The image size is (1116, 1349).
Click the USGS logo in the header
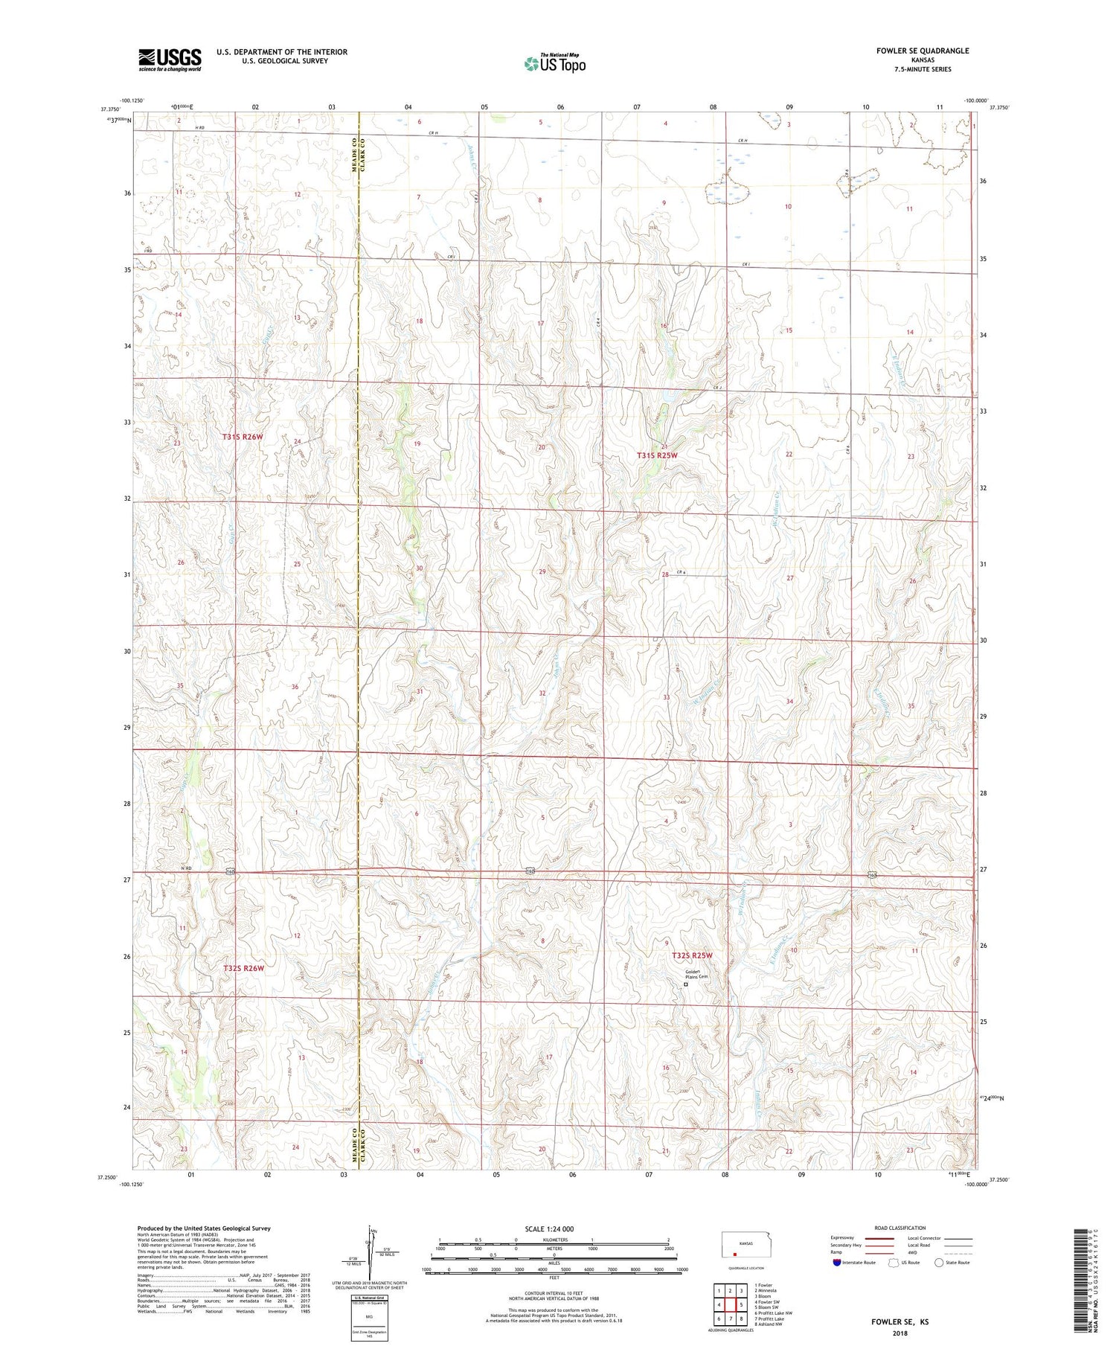[170, 60]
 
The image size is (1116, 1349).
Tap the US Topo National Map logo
[554, 63]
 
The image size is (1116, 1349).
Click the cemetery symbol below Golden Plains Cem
[686, 984]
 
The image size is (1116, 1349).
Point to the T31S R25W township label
[657, 455]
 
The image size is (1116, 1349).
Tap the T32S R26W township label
[243, 968]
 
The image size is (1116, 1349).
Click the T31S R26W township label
[243, 437]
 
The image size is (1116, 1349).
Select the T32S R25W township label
[692, 955]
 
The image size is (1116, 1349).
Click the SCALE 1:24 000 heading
[549, 1228]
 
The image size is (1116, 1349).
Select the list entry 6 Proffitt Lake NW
[774, 1313]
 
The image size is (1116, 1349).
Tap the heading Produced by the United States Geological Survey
[204, 1228]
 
